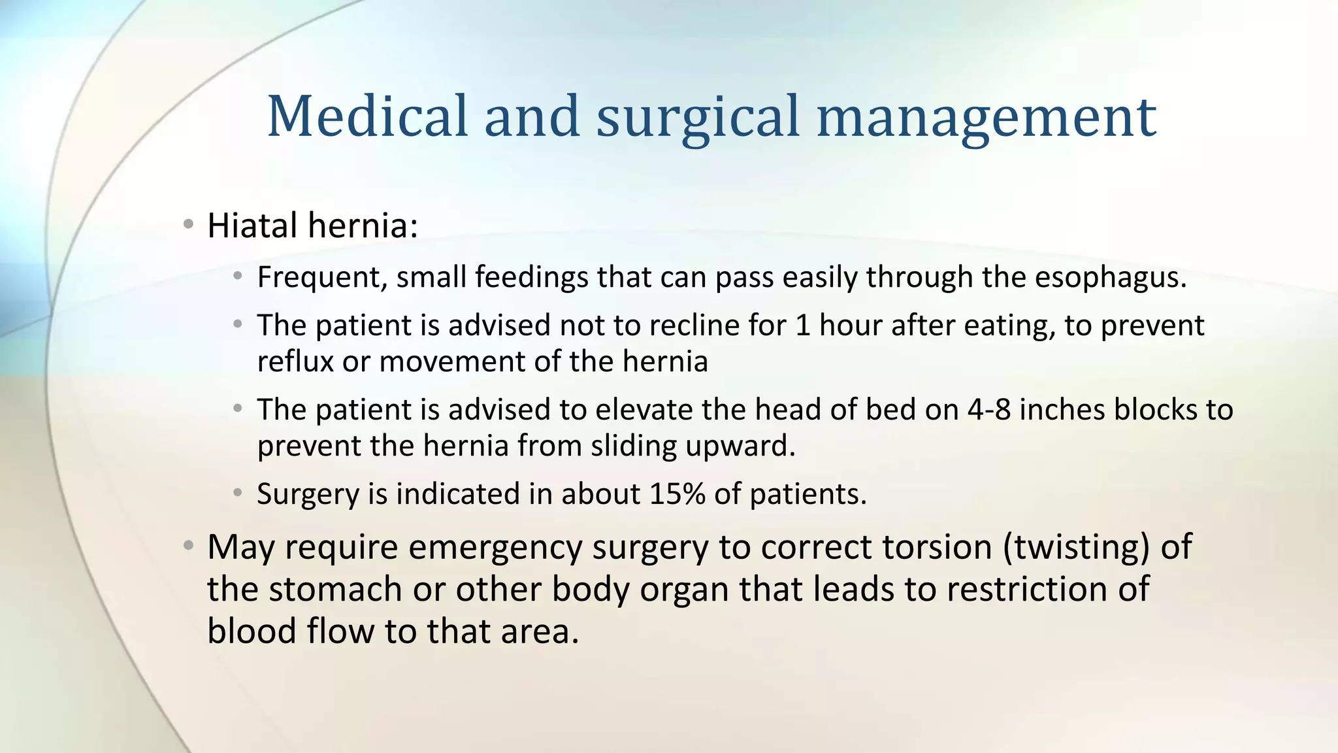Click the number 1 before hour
pyautogui.click(x=803, y=326)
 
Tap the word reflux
pyautogui.click(x=296, y=361)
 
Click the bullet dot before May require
pyautogui.click(x=188, y=545)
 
